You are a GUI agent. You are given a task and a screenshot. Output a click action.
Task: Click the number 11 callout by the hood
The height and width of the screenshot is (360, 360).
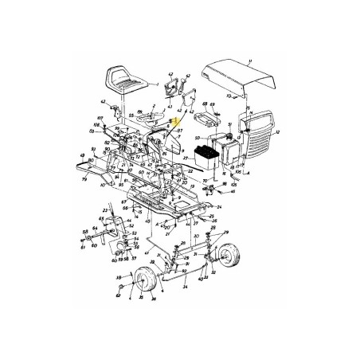click(x=249, y=61)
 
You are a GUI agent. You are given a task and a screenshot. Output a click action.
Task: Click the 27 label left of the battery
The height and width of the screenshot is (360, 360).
click(x=183, y=159)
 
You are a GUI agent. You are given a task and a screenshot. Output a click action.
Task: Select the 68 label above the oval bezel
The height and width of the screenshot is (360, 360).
click(x=205, y=104)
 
